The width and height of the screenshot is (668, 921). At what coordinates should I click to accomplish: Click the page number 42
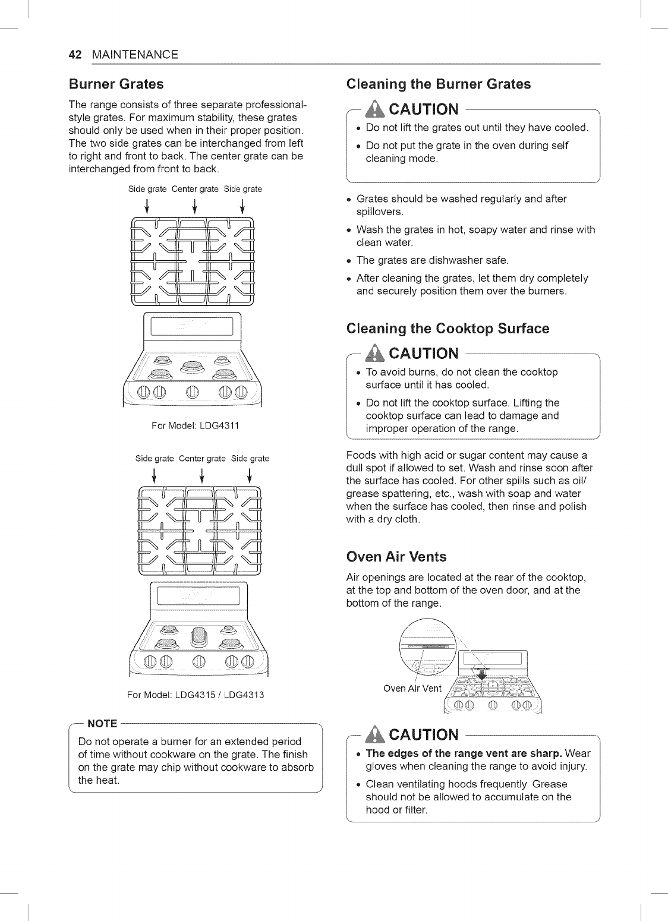(x=75, y=55)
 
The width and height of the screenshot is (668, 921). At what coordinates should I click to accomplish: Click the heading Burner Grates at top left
(x=116, y=83)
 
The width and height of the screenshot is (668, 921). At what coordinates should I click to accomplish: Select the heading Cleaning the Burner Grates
(x=438, y=84)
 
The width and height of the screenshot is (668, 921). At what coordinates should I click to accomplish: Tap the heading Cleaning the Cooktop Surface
(x=448, y=329)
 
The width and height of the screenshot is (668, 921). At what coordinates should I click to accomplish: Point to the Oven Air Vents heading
(x=396, y=557)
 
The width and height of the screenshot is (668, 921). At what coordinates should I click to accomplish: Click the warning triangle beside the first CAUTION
(x=378, y=109)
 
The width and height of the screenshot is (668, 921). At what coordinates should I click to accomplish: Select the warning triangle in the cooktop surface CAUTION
(x=378, y=354)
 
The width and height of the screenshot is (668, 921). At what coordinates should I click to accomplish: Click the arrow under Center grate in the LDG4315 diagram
(x=202, y=475)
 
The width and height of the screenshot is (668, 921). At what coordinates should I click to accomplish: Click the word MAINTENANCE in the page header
(x=135, y=55)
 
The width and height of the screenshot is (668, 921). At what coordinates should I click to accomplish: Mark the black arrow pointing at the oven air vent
(x=482, y=674)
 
